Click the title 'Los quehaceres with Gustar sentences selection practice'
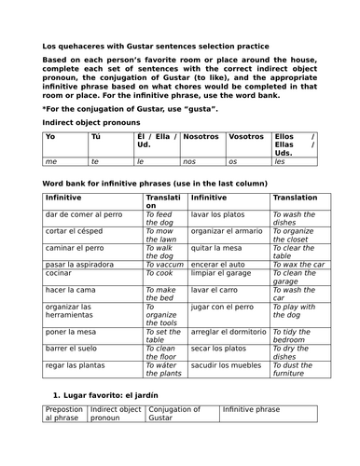156,46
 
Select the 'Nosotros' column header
201,136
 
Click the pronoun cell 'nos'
189,161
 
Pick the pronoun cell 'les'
280,161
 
